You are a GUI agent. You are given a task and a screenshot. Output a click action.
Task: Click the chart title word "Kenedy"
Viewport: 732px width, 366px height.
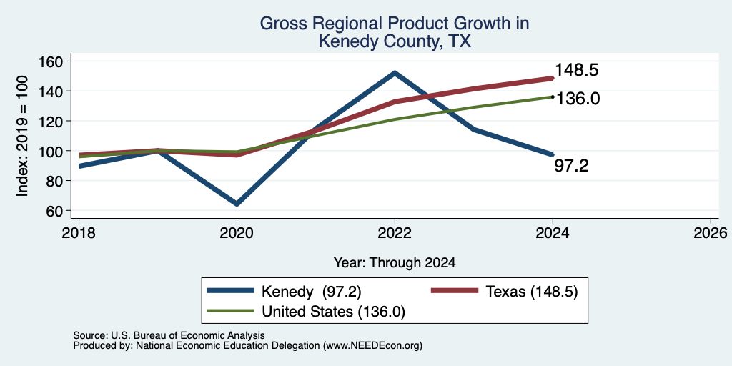click(348, 42)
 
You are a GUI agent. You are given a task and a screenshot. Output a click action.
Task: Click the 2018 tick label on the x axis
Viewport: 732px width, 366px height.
click(79, 233)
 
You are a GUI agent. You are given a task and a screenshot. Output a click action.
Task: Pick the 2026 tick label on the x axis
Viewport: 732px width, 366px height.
click(711, 233)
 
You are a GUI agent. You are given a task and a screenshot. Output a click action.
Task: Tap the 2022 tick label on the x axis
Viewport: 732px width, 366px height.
click(395, 233)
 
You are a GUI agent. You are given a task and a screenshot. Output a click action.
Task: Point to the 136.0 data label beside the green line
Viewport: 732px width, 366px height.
click(578, 99)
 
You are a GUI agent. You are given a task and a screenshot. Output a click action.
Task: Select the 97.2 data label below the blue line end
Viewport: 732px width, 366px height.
click(571, 166)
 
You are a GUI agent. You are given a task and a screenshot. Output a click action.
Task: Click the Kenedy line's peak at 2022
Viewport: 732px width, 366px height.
click(395, 73)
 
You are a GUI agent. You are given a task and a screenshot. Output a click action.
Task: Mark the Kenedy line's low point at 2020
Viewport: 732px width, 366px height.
click(237, 204)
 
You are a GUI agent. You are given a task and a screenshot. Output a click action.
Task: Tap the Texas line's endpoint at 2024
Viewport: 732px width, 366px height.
click(553, 79)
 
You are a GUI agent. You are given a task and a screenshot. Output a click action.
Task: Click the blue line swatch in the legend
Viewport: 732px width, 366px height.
click(230, 292)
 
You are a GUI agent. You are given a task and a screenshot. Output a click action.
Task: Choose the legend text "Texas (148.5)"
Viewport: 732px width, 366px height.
click(532, 292)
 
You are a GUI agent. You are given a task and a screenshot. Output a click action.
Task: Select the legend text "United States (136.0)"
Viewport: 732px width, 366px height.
click(333, 312)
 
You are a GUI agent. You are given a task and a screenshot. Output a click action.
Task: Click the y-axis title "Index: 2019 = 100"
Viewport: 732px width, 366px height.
click(22, 136)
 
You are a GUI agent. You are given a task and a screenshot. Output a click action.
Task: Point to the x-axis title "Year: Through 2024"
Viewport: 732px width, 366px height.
click(395, 263)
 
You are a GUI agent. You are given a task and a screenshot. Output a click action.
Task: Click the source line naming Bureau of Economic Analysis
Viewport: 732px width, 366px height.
click(169, 335)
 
